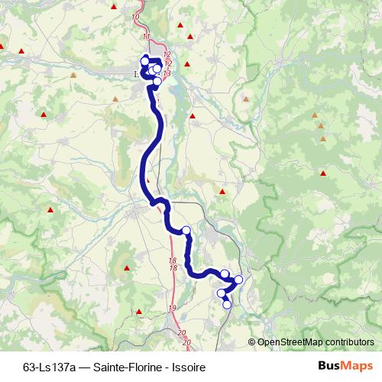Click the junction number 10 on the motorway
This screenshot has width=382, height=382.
click(136, 16)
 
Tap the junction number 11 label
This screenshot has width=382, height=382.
click(146, 37)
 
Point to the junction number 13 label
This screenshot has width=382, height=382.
click(167, 72)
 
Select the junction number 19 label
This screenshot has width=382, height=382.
click(172, 307)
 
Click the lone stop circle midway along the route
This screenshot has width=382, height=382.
click(186, 230)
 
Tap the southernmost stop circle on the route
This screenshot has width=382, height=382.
click(227, 305)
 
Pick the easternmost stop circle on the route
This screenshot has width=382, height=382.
click(238, 280)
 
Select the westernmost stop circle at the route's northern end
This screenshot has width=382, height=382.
click(144, 60)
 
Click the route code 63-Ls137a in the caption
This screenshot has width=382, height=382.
click(48, 367)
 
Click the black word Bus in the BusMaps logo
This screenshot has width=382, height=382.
click(328, 366)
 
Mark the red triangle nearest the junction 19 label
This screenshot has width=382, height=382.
click(139, 312)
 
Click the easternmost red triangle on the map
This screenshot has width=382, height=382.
click(325, 173)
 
